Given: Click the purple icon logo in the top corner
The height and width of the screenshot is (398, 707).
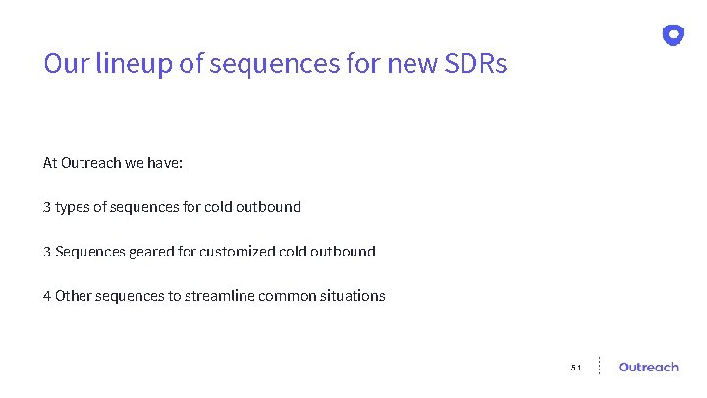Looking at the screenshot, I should pos(673,35).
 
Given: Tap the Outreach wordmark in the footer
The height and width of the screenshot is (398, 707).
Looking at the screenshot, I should pos(648,367).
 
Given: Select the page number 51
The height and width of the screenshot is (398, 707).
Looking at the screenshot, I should pos(576,368).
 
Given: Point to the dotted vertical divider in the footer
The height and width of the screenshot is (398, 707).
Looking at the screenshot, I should pos(599,366).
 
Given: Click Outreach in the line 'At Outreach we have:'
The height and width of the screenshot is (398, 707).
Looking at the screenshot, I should pos(90,163).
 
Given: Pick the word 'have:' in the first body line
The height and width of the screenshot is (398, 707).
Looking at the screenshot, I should pos(165,163).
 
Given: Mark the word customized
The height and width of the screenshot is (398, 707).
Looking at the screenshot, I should pos(237,252).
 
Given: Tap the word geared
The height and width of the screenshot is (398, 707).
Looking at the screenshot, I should pos(151,252).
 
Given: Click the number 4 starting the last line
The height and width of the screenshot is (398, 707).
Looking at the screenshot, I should pos(47,296).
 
